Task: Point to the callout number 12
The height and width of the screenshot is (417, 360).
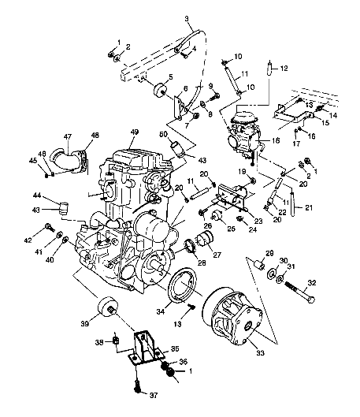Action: (284, 68)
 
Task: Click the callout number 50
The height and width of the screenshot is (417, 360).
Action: (165, 136)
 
